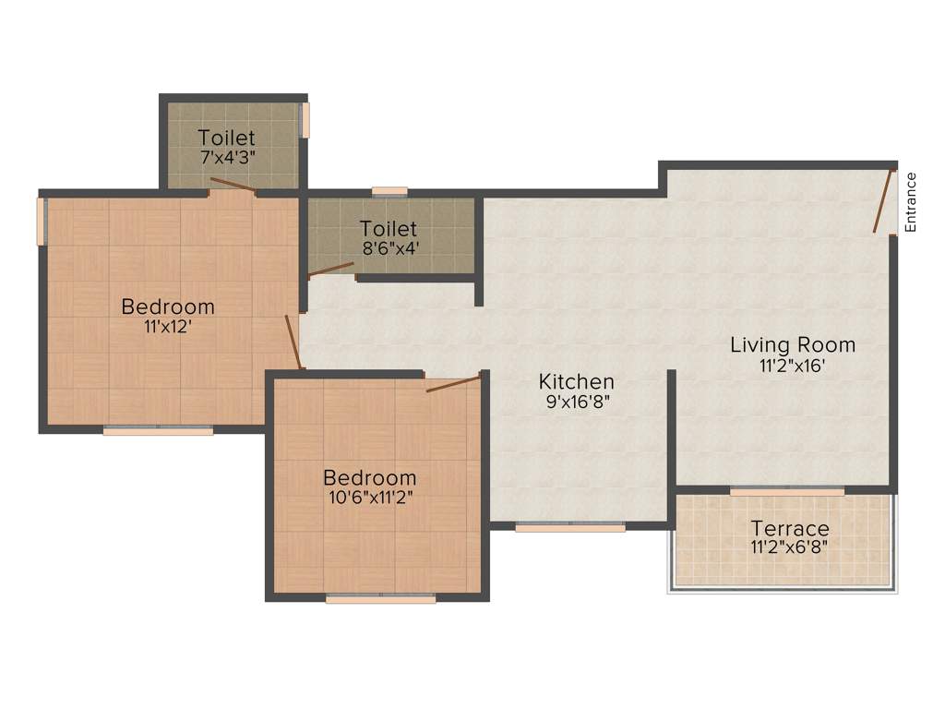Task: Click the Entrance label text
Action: pos(911,202)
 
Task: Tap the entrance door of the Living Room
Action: pos(885,200)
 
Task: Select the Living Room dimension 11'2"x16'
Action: pos(793,365)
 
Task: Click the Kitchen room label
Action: pos(577,381)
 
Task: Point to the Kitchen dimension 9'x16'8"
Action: pos(577,402)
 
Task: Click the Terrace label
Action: pos(789,529)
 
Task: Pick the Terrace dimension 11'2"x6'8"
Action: pos(789,547)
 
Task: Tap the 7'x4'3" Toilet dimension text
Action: pos(226,157)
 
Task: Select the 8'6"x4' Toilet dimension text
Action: pos(391,247)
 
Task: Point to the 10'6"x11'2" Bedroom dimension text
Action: pos(369,498)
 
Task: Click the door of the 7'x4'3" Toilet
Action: pos(233,186)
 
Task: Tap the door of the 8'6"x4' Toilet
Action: pos(331,270)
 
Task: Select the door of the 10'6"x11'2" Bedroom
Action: pos(453,383)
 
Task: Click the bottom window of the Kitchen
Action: pos(570,528)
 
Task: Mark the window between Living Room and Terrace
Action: pos(786,491)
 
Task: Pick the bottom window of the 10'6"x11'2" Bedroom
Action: pos(380,599)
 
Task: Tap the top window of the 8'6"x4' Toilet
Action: pos(389,192)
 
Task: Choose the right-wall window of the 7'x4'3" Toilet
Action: pos(305,120)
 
